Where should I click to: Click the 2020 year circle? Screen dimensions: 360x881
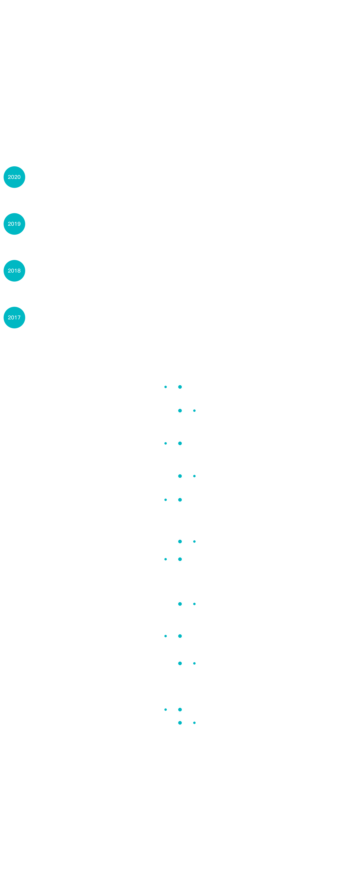tap(14, 177)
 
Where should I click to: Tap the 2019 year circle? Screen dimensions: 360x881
tap(14, 224)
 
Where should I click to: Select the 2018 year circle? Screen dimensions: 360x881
tap(14, 270)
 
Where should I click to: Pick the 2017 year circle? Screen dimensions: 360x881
tap(14, 317)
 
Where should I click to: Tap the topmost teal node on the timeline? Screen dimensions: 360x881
tap(180, 387)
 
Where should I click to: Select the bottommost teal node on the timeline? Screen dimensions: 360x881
tap(180, 723)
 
